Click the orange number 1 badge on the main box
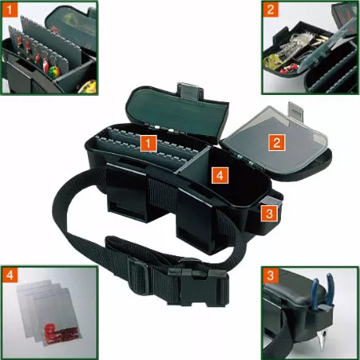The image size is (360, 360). pos(148,144)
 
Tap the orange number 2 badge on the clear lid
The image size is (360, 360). pos(277,142)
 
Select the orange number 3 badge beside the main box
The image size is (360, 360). pos(269,213)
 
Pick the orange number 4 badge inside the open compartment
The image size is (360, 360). pos(220,175)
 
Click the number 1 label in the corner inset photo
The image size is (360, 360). pos(10,10)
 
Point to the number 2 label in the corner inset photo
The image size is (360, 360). pos(271,10)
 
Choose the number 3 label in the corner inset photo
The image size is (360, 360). pos(271,275)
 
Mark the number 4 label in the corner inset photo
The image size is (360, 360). pos(10,275)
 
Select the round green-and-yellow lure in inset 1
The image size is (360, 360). pos(54,72)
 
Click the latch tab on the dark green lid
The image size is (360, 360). pos(190,91)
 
